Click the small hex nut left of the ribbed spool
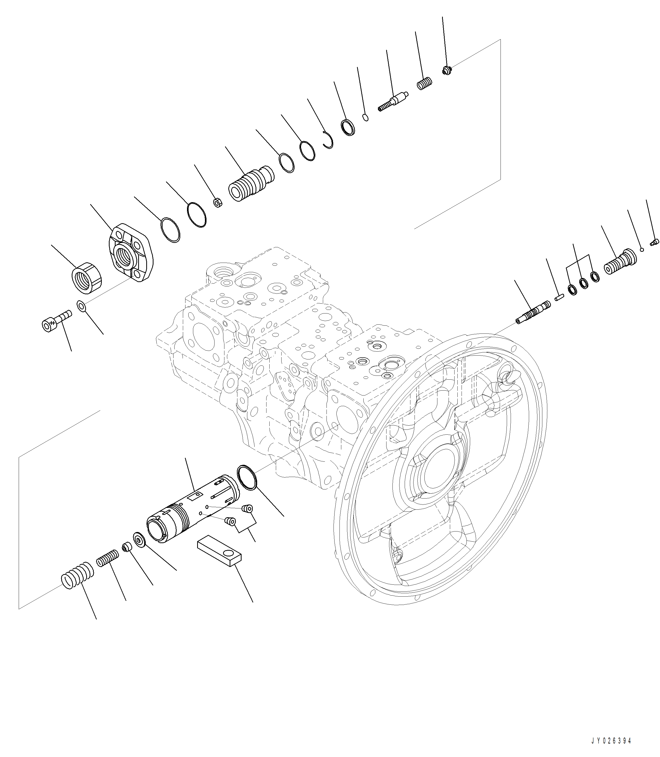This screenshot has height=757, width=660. [218, 202]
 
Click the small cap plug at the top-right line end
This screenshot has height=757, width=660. [446, 70]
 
